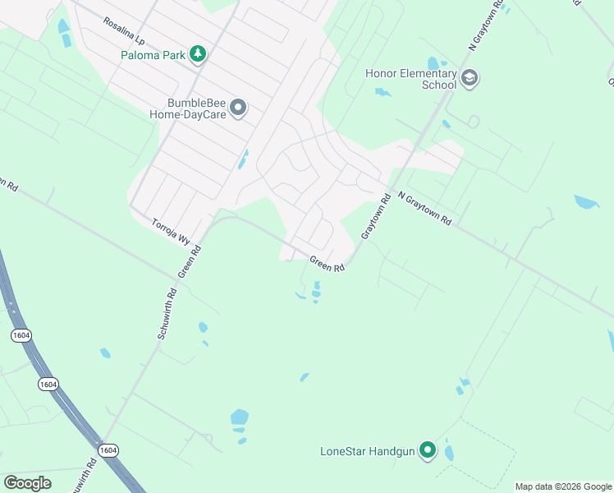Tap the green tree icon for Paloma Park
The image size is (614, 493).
click(x=197, y=54)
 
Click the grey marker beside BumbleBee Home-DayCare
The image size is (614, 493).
click(x=238, y=108)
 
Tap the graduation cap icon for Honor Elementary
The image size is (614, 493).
click(x=470, y=79)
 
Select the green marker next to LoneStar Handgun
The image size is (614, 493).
click(x=427, y=450)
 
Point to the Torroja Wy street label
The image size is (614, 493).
click(x=171, y=229)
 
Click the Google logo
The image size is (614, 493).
click(x=27, y=483)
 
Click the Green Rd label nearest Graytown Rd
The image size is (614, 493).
click(x=327, y=265)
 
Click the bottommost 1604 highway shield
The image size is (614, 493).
click(x=108, y=450)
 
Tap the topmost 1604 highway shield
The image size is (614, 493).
click(x=21, y=335)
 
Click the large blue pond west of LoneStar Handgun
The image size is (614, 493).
click(x=239, y=417)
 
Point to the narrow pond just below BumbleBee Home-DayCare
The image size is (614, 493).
click(x=243, y=159)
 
